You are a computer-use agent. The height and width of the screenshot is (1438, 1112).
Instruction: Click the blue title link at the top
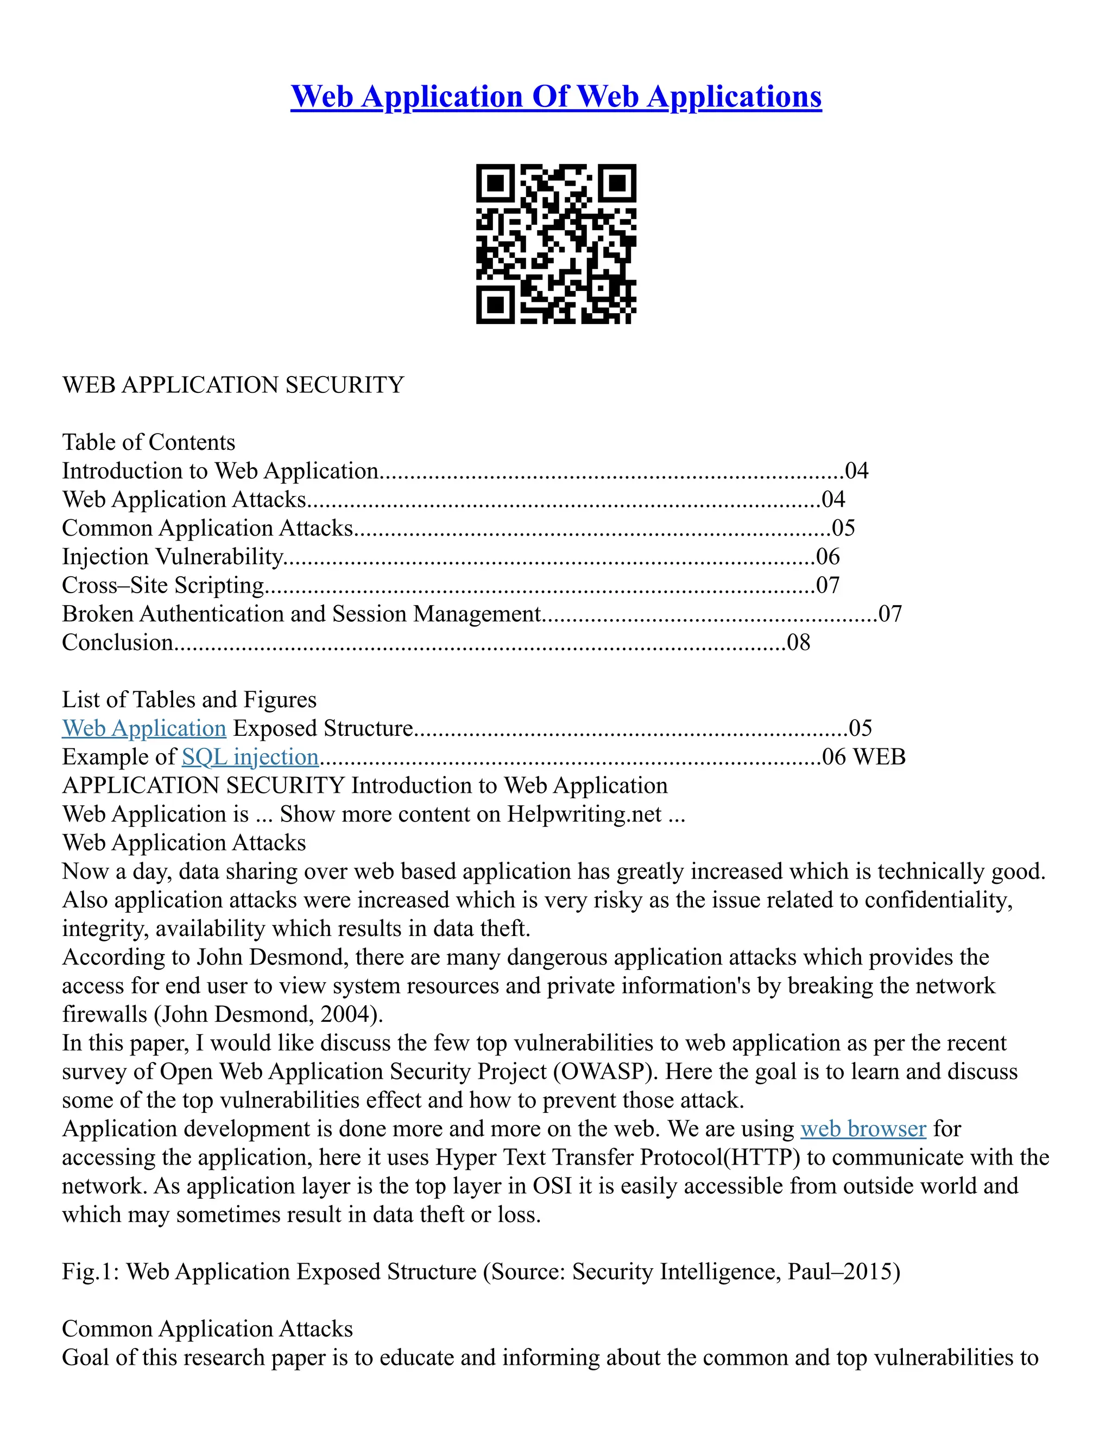[x=556, y=97]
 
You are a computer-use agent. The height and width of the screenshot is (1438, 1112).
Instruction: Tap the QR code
[x=556, y=244]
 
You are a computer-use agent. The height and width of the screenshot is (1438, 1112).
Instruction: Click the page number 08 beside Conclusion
[x=798, y=642]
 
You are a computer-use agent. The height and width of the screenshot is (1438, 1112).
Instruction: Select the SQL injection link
[x=250, y=757]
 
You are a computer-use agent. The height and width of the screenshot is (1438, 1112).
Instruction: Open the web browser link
[x=863, y=1129]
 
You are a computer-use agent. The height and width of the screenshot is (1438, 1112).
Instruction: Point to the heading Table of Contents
[x=148, y=442]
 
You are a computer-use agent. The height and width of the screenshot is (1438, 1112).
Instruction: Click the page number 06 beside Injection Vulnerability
[x=828, y=557]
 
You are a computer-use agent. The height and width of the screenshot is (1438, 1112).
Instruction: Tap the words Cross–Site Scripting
[x=163, y=586]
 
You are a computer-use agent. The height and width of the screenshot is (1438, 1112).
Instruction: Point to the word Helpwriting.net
[x=584, y=815]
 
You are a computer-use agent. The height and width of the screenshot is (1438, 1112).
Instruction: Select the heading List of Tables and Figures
[x=189, y=699]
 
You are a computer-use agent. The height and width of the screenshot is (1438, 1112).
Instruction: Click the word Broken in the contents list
[x=98, y=614]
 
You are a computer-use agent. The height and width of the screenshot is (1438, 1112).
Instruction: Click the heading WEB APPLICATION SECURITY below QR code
[x=232, y=385]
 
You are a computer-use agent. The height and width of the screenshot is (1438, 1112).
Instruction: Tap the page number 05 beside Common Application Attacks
[x=844, y=528]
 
